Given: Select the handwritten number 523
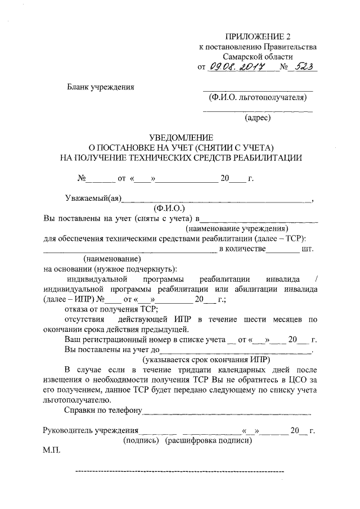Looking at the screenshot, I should pos(303,67).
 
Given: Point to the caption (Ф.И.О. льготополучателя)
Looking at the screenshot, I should pos(257,97).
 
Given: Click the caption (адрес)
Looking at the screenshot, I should pos(257,118).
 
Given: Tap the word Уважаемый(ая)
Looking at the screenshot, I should pos(91,198).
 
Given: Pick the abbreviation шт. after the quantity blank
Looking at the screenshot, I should pos(307,249).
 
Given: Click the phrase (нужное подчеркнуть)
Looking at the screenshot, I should pos(129,269).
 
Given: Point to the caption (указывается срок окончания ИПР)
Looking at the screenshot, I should pos(206,359).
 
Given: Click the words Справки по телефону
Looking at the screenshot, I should pos(102,411).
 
